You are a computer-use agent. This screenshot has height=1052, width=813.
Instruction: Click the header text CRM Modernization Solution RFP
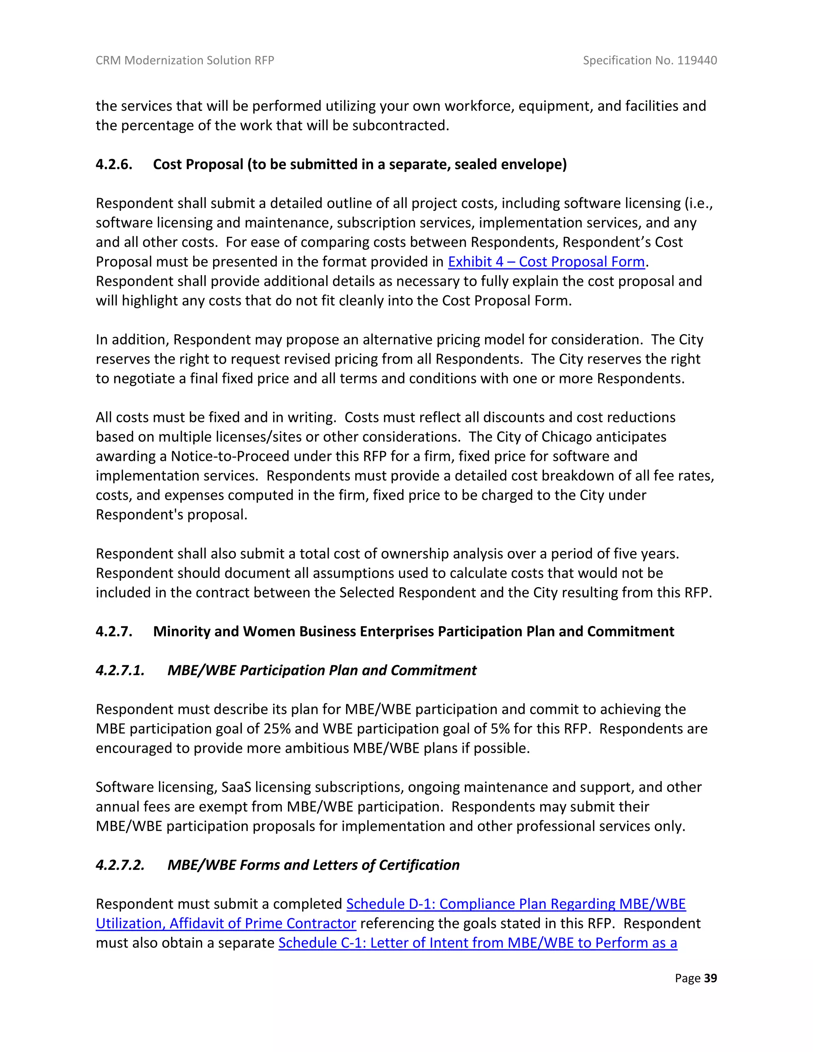tap(185, 60)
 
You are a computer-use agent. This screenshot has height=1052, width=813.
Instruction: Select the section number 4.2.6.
tap(114, 164)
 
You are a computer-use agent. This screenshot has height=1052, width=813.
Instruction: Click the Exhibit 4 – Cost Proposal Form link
tap(546, 262)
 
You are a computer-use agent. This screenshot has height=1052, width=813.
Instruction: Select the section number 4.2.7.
tap(114, 632)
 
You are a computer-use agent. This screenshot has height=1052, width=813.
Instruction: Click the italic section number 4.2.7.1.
tap(120, 671)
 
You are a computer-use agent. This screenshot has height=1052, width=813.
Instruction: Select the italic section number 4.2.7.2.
tap(120, 865)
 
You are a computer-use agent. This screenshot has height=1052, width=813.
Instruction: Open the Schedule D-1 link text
tap(516, 904)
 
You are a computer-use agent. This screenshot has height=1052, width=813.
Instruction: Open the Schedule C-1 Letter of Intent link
tap(477, 943)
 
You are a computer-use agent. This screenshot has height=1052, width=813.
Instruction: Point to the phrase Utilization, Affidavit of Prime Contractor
tap(225, 923)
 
